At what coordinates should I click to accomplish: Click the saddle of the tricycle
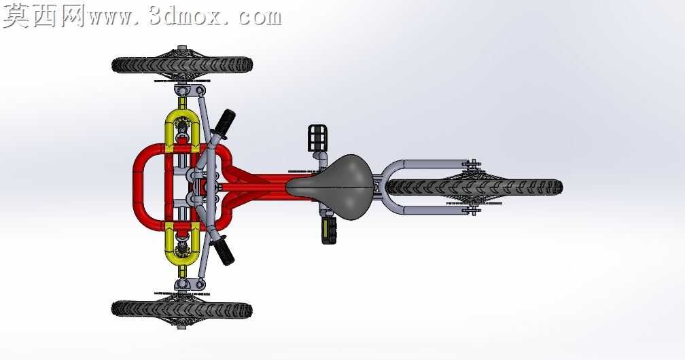point(332,187)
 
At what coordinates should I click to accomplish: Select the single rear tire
point(474,187)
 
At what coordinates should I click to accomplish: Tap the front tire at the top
point(182,65)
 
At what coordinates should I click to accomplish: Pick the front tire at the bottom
point(181,309)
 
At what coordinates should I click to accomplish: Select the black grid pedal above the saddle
point(317,138)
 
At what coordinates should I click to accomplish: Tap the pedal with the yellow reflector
point(329,231)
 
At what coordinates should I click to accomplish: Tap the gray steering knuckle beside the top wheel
point(189,91)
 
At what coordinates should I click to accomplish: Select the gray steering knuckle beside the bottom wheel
point(189,285)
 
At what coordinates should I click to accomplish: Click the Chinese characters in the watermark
point(43,16)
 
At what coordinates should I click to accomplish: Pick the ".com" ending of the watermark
point(256,18)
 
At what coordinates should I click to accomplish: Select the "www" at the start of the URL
point(111,18)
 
